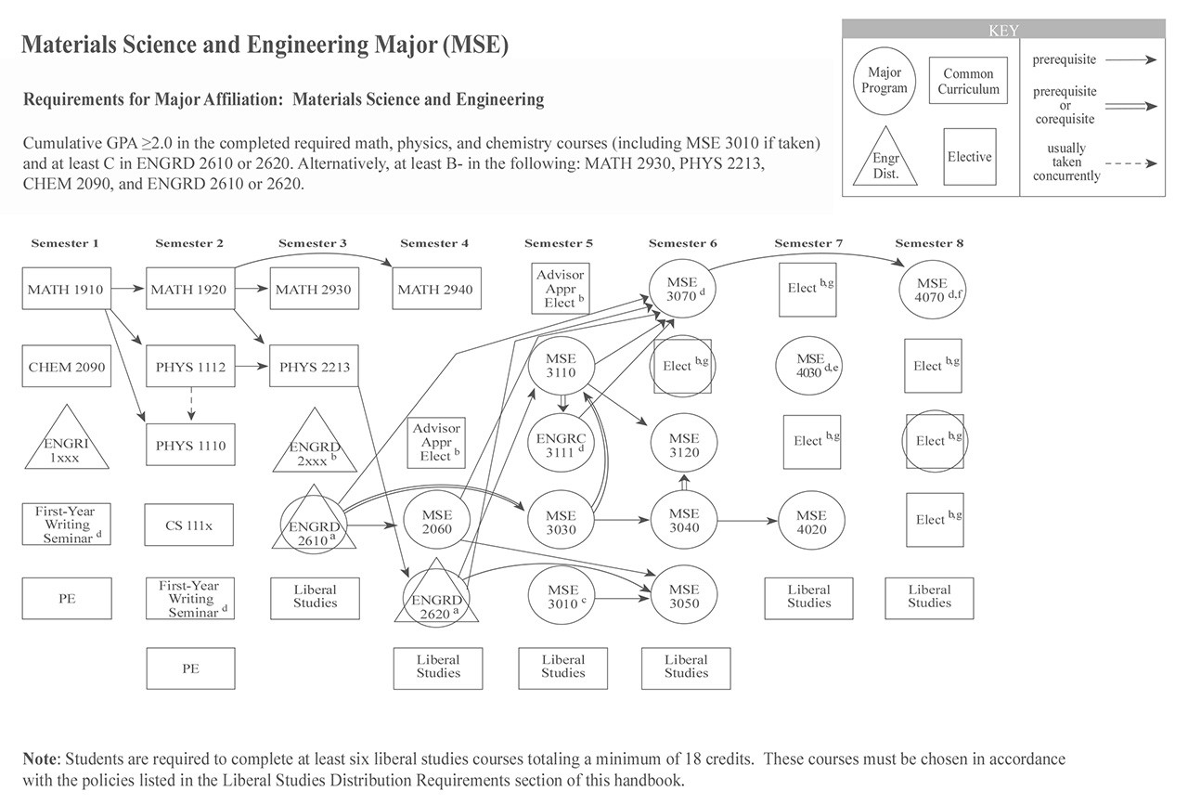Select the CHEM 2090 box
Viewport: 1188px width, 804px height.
point(67,367)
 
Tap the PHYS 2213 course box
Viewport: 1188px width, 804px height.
point(314,367)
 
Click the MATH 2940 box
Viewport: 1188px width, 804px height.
point(434,290)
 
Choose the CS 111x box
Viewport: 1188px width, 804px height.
point(189,525)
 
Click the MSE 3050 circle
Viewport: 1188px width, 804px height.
point(684,596)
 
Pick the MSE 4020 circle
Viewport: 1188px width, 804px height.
point(811,522)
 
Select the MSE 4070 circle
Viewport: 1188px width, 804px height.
point(932,290)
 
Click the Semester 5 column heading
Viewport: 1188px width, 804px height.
point(559,243)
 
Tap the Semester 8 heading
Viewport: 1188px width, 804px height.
point(930,243)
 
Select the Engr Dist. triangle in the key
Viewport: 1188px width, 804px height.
point(885,160)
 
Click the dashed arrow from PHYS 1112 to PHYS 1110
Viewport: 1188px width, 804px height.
point(189,401)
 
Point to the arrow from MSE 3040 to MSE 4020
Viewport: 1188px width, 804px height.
point(748,522)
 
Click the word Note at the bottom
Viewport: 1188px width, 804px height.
point(42,759)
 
